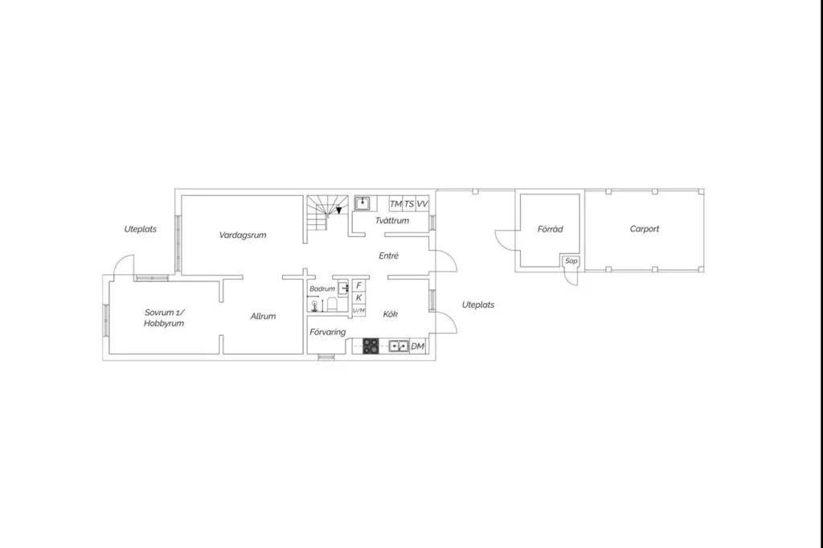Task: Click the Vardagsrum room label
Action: (243, 235)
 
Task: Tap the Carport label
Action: (644, 229)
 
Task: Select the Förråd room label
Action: (550, 229)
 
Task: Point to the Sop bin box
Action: (571, 261)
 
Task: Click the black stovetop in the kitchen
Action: (371, 346)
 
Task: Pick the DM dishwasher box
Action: (417, 346)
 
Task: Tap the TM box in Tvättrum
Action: (395, 203)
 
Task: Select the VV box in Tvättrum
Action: (423, 203)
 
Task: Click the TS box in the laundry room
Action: (409, 203)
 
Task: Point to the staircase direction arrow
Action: (339, 210)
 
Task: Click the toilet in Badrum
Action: (332, 305)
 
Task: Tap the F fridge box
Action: (359, 285)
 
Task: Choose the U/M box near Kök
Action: (359, 311)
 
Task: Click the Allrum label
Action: (263, 316)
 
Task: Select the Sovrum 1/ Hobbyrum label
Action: (164, 317)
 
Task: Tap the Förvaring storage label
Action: (328, 333)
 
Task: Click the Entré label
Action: (389, 256)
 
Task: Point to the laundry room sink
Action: (362, 203)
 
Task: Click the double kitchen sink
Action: (399, 346)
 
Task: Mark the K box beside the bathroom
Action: (359, 297)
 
